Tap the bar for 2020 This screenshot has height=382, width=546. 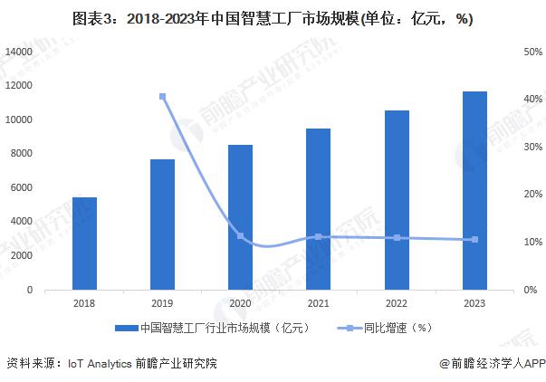[240, 217]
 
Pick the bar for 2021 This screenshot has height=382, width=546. [318, 209]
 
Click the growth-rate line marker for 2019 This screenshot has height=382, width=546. [162, 97]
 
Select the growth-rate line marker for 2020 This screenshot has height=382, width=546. [240, 236]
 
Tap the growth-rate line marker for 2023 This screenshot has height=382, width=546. [474, 240]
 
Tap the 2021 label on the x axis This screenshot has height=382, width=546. [318, 304]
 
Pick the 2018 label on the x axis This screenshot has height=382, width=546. [84, 304]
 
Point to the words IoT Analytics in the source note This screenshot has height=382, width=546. [98, 363]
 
